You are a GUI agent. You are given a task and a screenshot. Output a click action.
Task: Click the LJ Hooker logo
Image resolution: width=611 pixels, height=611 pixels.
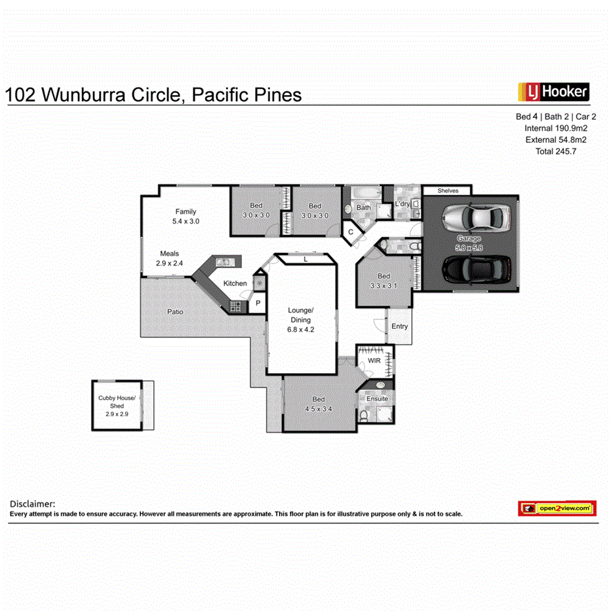point(553,91)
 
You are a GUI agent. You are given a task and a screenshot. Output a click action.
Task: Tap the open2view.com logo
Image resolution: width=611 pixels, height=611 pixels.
point(557,508)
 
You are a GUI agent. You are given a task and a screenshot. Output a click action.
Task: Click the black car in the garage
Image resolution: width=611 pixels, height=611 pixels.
point(477,267)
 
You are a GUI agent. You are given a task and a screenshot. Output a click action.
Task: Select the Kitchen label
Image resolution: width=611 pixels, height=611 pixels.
point(235,283)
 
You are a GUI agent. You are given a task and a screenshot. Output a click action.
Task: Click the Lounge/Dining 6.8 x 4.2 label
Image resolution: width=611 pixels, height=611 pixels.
point(302,320)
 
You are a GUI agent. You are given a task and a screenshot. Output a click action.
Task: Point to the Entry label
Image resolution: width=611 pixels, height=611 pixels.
point(399,326)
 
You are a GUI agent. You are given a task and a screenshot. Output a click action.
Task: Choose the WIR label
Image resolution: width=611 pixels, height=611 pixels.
point(374,361)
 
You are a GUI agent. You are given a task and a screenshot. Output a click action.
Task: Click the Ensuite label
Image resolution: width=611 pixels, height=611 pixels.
point(377,399)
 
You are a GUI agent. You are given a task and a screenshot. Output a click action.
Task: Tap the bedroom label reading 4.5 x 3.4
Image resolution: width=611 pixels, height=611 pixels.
point(319,404)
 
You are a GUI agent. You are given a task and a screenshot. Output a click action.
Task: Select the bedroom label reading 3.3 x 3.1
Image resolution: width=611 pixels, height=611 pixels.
point(384,281)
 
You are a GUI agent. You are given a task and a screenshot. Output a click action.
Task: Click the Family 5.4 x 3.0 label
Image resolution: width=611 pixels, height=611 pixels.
point(186,216)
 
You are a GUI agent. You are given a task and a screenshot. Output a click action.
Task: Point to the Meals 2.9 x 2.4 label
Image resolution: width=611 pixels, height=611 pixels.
point(169,258)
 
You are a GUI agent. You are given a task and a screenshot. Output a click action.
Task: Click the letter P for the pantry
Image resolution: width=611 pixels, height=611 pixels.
point(258,303)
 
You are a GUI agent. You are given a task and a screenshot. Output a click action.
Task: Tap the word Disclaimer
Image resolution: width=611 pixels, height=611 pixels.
point(32,503)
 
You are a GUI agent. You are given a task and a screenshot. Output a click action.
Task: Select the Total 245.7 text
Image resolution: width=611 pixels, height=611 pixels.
point(555,151)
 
